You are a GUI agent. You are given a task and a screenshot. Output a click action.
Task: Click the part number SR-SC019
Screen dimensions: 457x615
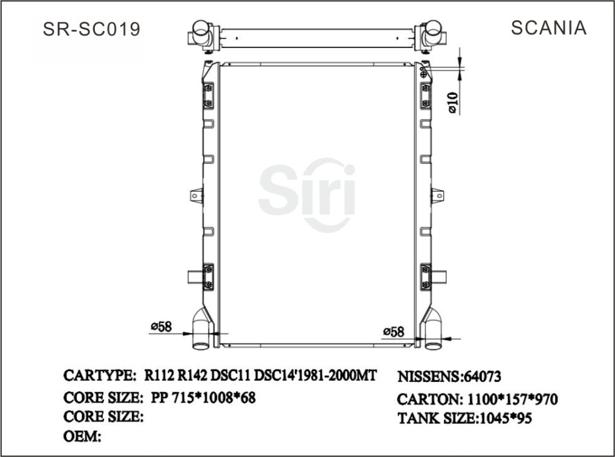(x=92, y=29)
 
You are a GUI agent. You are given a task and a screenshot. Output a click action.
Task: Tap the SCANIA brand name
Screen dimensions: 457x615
(x=548, y=28)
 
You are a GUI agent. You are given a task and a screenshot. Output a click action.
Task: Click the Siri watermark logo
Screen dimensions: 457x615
(x=307, y=193)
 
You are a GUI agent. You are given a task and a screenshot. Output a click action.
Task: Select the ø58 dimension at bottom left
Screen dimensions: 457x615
(x=162, y=327)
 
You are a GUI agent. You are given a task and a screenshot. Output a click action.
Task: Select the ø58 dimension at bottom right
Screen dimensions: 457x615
(x=393, y=331)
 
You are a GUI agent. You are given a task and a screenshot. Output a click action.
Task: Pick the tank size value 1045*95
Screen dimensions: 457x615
(x=504, y=419)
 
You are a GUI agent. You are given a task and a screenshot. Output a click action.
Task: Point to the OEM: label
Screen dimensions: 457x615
(x=82, y=437)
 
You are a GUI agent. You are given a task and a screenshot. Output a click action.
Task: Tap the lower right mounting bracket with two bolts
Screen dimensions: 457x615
(x=425, y=276)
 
